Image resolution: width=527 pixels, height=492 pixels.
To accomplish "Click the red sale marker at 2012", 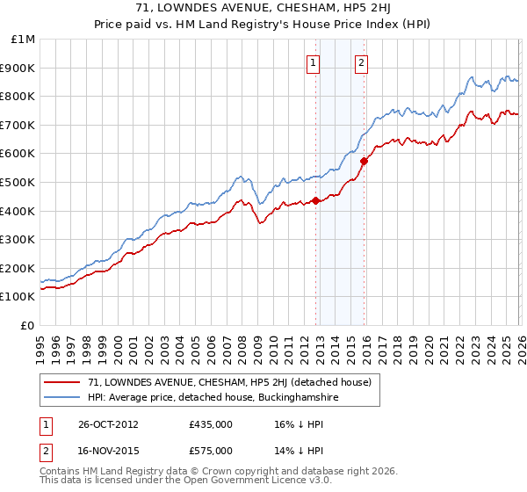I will pyautogui.click(x=315, y=200).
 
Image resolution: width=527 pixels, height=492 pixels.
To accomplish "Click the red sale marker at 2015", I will pyautogui.click(x=364, y=161).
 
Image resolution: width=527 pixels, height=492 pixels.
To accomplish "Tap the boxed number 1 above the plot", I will pyautogui.click(x=314, y=61).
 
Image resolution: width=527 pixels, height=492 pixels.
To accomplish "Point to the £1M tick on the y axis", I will pyautogui.click(x=24, y=40).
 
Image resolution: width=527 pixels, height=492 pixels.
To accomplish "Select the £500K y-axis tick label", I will pyautogui.click(x=19, y=183).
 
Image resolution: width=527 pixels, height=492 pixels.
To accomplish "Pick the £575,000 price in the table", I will pyautogui.click(x=211, y=451).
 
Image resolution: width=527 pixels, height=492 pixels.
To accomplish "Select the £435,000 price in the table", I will pyautogui.click(x=211, y=424).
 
